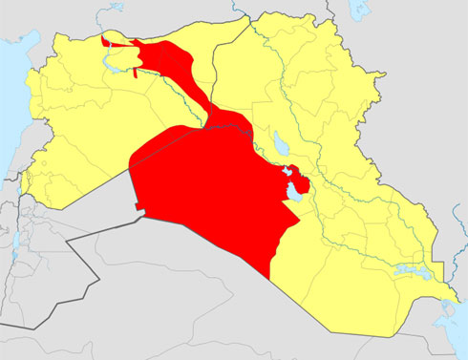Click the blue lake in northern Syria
(116, 68)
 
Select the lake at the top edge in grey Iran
(359, 9)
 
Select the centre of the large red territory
(210, 191)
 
